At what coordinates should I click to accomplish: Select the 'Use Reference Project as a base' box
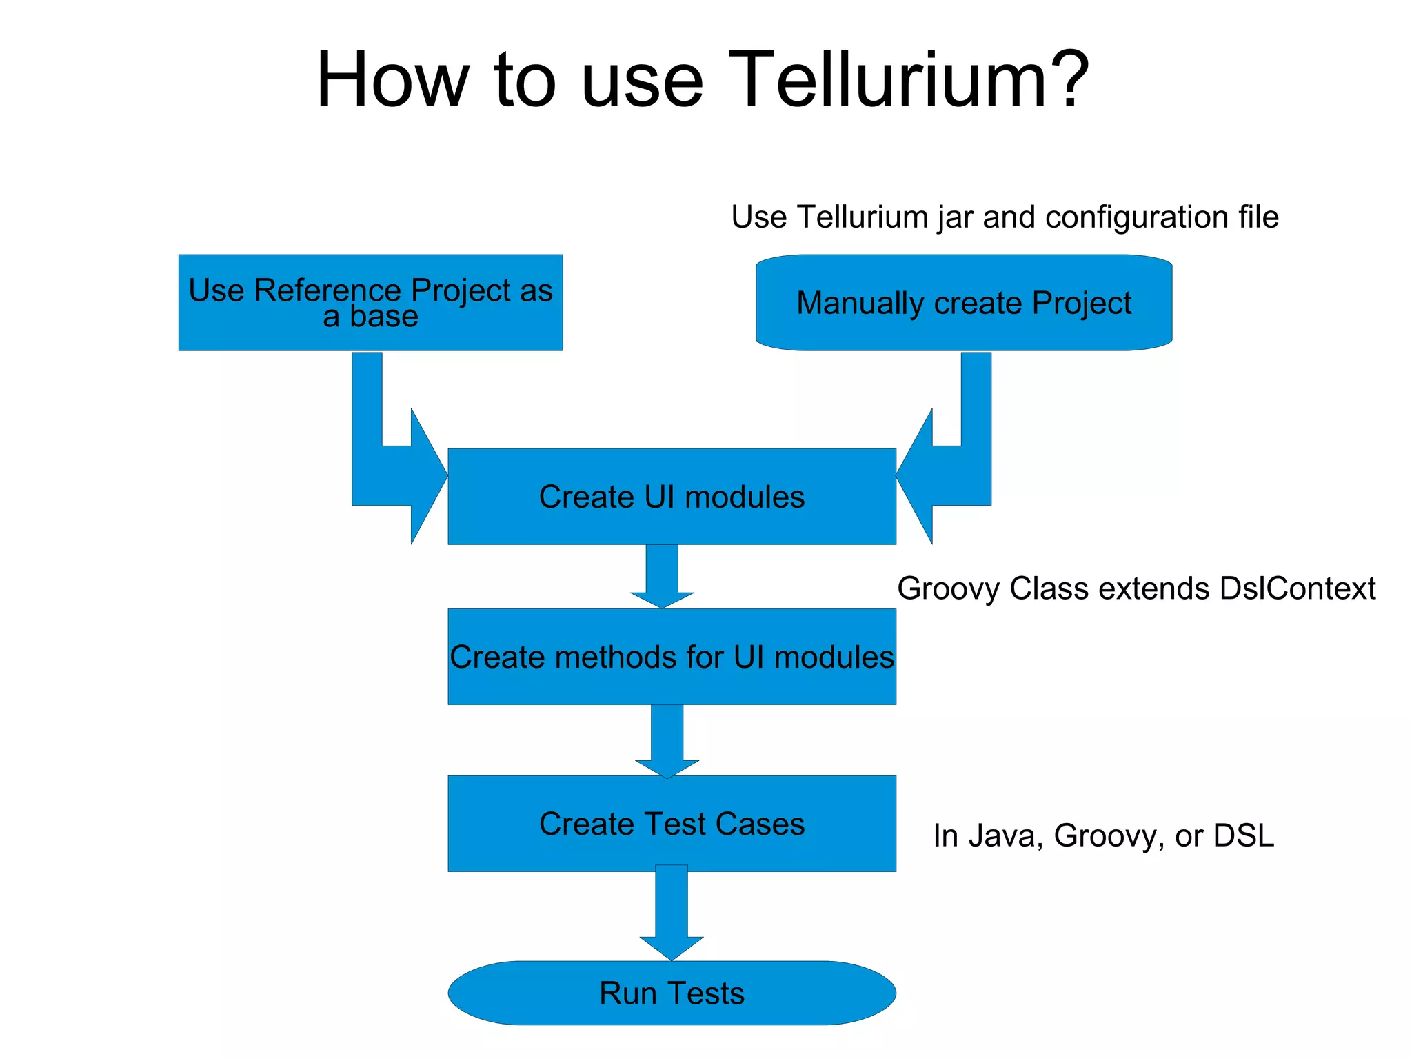click(x=370, y=302)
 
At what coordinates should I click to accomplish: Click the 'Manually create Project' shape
click(x=964, y=302)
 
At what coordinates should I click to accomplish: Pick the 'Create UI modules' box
click(x=672, y=497)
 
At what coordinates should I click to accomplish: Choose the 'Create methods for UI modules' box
click(x=672, y=657)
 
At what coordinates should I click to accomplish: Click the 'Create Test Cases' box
click(x=672, y=824)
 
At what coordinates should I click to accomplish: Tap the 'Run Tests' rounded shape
click(x=672, y=993)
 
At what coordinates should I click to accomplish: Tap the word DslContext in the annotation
click(x=1297, y=588)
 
